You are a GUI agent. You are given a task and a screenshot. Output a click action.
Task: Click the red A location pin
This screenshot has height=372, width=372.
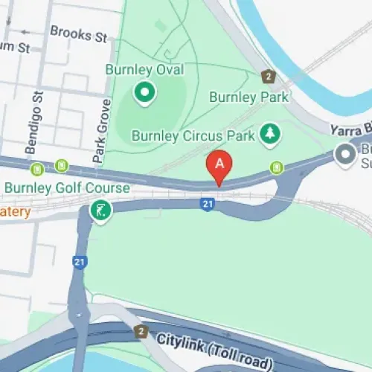tap(219, 165)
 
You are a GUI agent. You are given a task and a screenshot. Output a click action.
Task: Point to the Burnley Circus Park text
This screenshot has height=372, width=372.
tap(193, 135)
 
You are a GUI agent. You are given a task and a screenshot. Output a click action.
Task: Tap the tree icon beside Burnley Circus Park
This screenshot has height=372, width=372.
tap(269, 134)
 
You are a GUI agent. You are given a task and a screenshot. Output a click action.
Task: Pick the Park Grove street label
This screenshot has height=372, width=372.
tap(97, 138)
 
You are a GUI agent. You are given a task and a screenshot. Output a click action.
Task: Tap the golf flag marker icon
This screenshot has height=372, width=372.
tap(99, 211)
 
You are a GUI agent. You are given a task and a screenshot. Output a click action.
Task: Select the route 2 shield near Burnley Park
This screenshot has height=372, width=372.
tap(268, 76)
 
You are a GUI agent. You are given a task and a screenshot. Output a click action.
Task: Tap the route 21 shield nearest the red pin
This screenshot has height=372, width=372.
tap(208, 203)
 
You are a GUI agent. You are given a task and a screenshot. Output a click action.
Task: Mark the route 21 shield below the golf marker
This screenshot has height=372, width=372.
tap(79, 262)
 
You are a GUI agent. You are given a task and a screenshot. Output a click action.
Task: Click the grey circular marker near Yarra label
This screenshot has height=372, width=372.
tap(345, 155)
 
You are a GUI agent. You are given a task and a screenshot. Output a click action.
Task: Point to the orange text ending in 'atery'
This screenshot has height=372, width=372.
tap(15, 213)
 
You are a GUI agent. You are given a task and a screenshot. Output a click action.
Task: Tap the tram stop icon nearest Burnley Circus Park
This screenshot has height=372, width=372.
tap(277, 166)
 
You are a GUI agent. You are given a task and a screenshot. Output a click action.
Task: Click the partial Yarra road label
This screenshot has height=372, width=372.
tap(350, 128)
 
